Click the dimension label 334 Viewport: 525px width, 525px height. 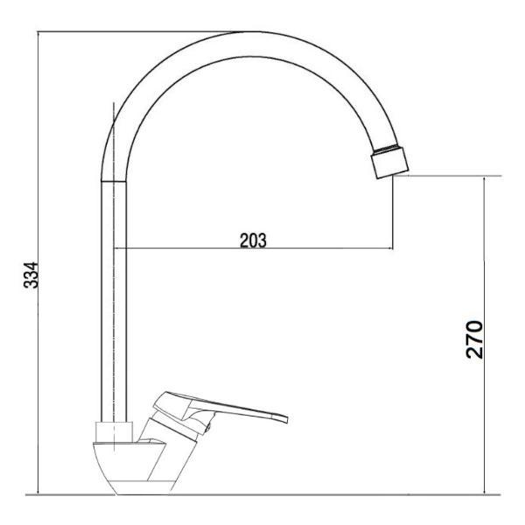point(31,276)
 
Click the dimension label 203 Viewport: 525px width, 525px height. point(253,240)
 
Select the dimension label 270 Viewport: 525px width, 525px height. point(474,339)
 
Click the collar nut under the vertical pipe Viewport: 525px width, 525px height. point(114,431)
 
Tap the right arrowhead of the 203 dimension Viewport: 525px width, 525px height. point(390,248)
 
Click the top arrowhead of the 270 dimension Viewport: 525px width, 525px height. point(484,179)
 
